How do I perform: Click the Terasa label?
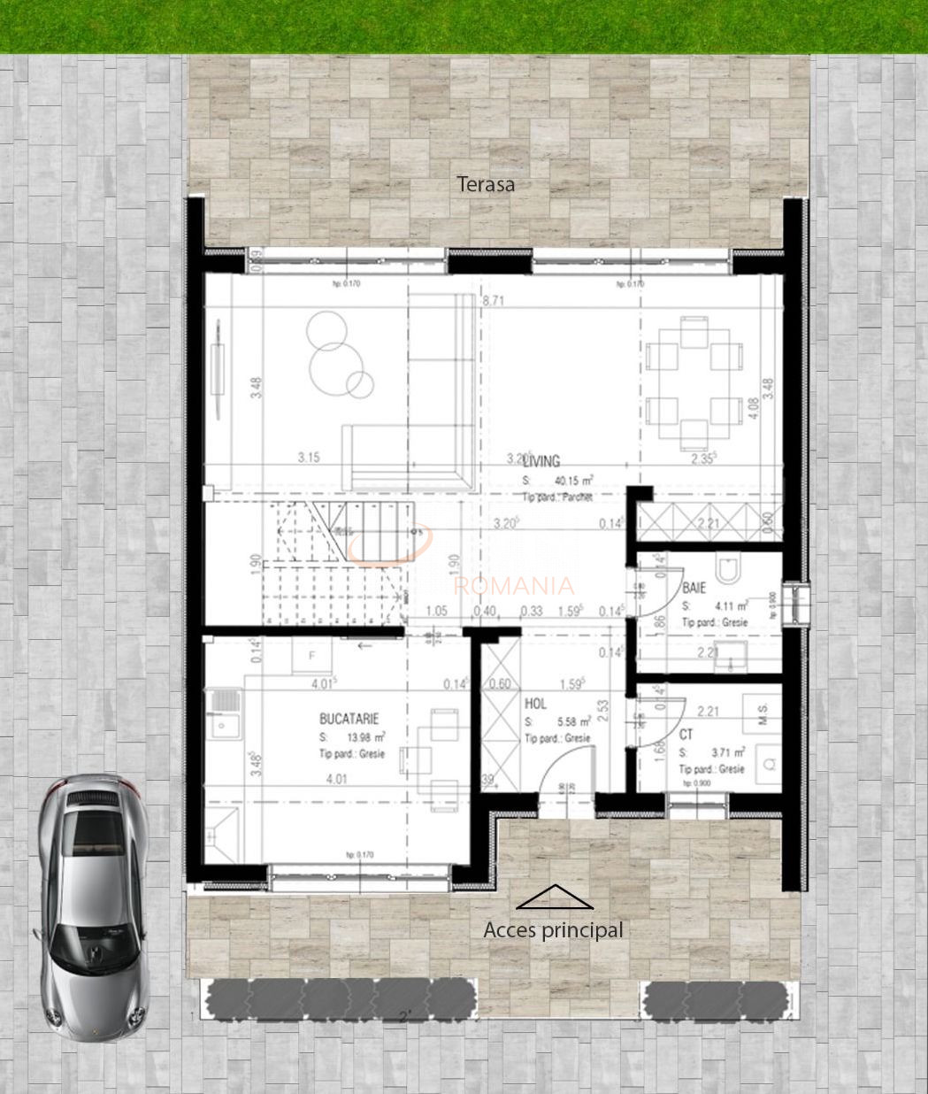(485, 184)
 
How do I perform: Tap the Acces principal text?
(553, 930)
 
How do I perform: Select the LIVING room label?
(541, 461)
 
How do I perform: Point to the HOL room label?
(535, 705)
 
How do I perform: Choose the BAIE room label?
(693, 588)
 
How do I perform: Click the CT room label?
(686, 735)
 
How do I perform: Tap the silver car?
(91, 903)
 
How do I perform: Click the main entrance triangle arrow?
(555, 898)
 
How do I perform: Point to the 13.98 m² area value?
(364, 737)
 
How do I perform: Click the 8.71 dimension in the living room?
(493, 301)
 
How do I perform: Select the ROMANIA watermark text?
(513, 586)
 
